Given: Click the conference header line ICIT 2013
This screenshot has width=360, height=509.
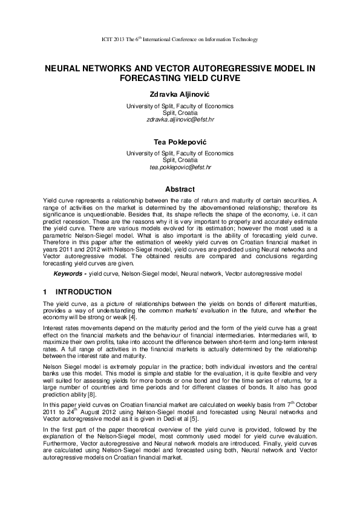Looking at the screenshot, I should [180, 40].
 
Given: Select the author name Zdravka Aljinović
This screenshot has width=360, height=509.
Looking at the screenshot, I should [180, 95].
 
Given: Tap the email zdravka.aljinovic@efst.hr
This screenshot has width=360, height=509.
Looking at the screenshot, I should [180, 120].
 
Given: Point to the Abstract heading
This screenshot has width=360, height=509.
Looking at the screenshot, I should [180, 189].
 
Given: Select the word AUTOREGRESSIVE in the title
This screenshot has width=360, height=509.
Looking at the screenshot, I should [217, 69].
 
